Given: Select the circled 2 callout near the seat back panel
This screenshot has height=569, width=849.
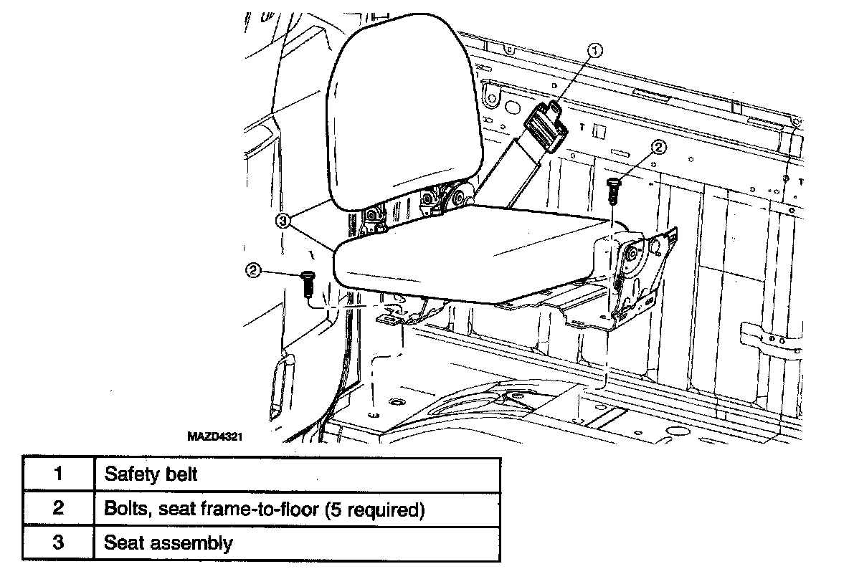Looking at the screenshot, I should tap(659, 148).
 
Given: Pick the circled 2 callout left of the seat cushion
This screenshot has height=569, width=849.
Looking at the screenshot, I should tap(252, 270).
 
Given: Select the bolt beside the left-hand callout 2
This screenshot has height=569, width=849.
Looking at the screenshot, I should tap(307, 284).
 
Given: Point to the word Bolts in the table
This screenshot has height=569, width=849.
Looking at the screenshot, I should tap(124, 509).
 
